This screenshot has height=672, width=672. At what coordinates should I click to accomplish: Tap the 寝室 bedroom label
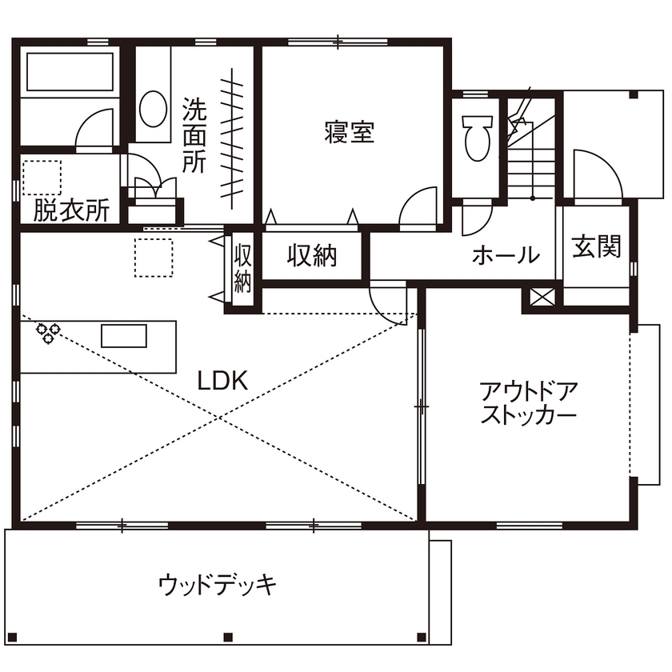click(350, 132)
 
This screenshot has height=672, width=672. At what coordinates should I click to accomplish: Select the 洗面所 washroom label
click(194, 135)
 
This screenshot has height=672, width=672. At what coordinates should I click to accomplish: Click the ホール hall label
click(505, 255)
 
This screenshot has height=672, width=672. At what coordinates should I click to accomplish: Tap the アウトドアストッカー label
click(528, 405)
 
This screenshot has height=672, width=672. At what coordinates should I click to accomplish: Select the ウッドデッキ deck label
click(218, 585)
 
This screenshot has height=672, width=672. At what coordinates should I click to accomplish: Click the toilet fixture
click(477, 135)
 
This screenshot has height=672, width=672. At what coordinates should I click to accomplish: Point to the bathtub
click(69, 73)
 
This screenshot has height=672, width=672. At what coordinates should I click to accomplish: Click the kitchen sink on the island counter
click(124, 335)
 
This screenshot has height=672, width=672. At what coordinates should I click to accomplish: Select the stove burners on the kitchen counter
click(46, 333)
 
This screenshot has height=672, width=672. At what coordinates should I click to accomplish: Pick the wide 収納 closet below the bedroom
click(314, 256)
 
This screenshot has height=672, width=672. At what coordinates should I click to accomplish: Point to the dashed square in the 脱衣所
click(42, 178)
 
